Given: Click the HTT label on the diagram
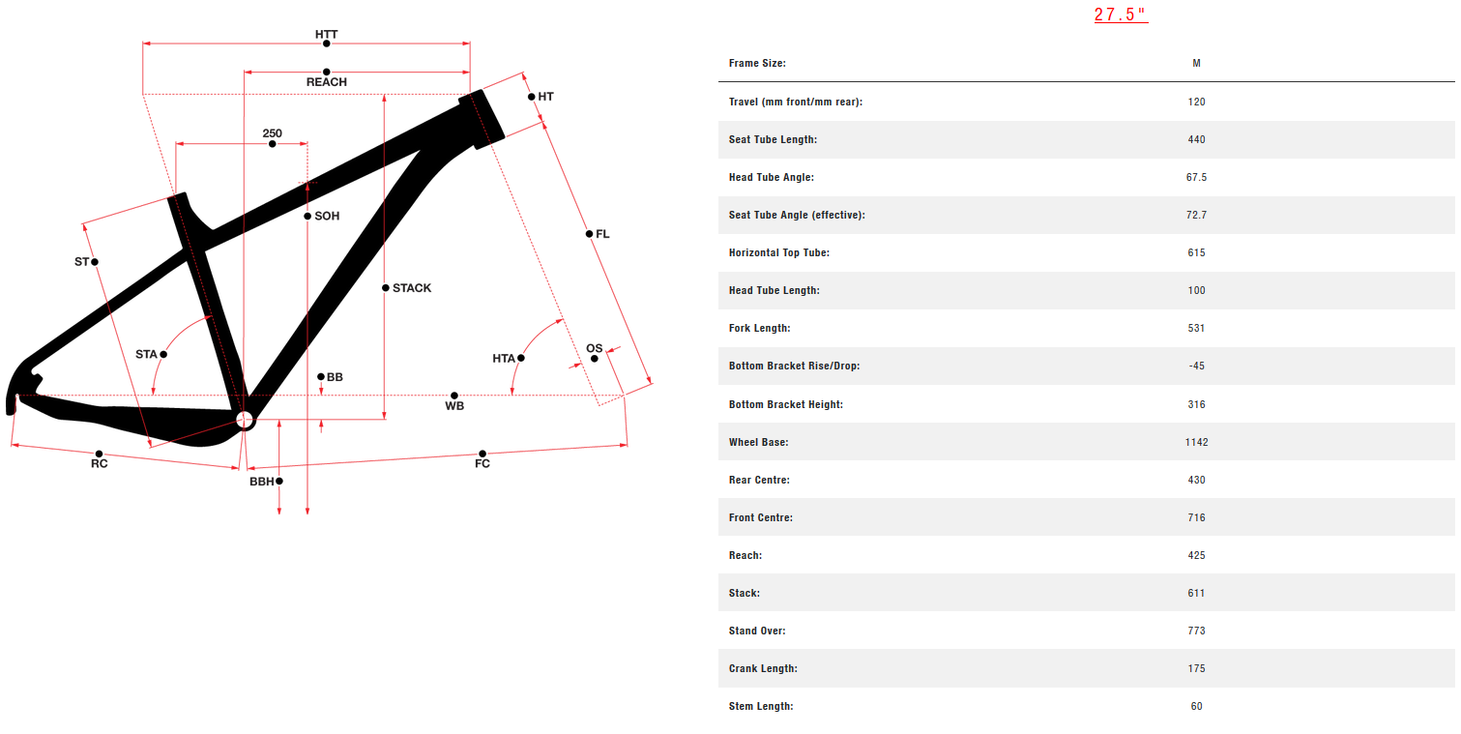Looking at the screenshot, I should (327, 34).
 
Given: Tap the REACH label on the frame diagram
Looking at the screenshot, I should (327, 82).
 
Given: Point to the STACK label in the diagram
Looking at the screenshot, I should (412, 288).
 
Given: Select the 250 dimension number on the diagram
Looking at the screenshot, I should (272, 133).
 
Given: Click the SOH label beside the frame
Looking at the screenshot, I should (327, 216).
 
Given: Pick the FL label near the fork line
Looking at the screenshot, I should (602, 234).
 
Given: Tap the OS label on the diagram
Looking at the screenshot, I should (594, 348).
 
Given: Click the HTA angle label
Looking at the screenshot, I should (504, 359).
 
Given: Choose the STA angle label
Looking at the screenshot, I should (146, 355).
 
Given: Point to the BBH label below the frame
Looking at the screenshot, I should (261, 481).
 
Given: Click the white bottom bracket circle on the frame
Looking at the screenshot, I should (244, 419).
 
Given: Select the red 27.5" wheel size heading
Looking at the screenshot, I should (1121, 15).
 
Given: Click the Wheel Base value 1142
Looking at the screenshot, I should (1197, 442).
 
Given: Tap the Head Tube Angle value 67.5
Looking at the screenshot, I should (1197, 177).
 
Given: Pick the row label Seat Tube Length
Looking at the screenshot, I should (773, 139).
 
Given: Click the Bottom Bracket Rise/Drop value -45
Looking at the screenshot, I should (1197, 366).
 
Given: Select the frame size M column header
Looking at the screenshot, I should (1197, 63).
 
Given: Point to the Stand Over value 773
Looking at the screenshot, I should (1197, 631).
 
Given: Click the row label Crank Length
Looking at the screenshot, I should (763, 668).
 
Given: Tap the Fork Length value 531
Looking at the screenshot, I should (1197, 328).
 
